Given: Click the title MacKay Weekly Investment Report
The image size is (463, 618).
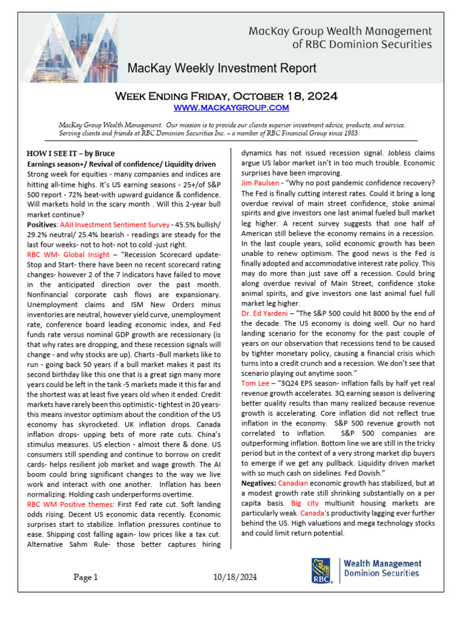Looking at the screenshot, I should pos(221,68).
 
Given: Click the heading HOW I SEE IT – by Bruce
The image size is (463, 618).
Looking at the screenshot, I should pos(71,153).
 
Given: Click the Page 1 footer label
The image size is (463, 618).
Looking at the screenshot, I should pos(86,578).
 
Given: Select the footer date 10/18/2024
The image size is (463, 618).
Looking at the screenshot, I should pos(235,578).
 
